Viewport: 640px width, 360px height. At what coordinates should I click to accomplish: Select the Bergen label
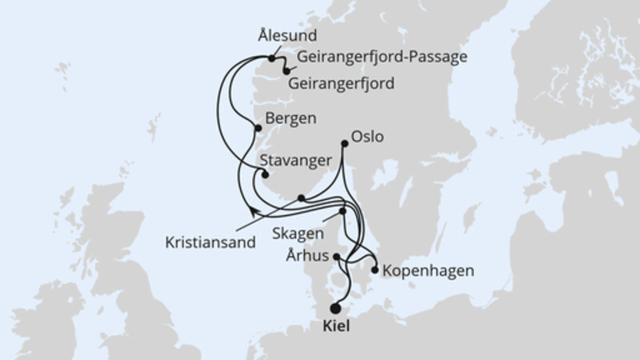(290, 118)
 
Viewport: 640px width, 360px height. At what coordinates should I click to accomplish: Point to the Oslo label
(368, 137)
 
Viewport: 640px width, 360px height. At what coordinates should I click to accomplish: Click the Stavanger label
(296, 161)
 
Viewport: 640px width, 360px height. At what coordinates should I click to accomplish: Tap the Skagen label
(298, 234)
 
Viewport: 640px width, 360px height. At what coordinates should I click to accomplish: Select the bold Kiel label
(335, 327)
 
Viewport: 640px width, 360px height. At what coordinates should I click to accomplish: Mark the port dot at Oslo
(345, 143)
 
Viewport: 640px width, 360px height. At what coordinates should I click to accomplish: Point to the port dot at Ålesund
(272, 58)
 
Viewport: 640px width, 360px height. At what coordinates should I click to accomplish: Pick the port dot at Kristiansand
(301, 198)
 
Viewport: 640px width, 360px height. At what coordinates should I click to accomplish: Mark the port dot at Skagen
(343, 212)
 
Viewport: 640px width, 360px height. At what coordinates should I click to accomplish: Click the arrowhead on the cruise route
(254, 210)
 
